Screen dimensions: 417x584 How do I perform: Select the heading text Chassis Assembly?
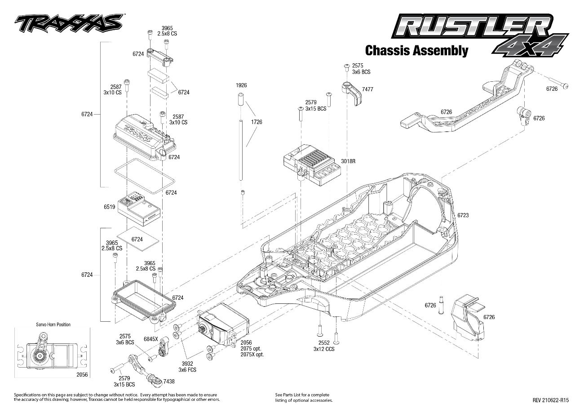tap(416, 50)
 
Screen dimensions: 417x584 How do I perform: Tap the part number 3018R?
tap(348, 160)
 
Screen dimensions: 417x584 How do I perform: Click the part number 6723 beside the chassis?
tap(463, 215)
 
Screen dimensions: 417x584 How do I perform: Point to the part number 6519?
tap(109, 207)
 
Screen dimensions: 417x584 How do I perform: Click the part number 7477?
tap(367, 89)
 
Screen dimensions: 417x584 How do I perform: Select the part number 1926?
tap(242, 85)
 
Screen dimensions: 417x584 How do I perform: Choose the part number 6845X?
tap(150, 338)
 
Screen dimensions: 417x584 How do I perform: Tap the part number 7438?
tap(169, 381)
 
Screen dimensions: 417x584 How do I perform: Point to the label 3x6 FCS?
tap(187, 370)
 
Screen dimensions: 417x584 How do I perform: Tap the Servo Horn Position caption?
tap(53, 324)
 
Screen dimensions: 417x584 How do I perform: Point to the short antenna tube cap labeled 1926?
tap(241, 99)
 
